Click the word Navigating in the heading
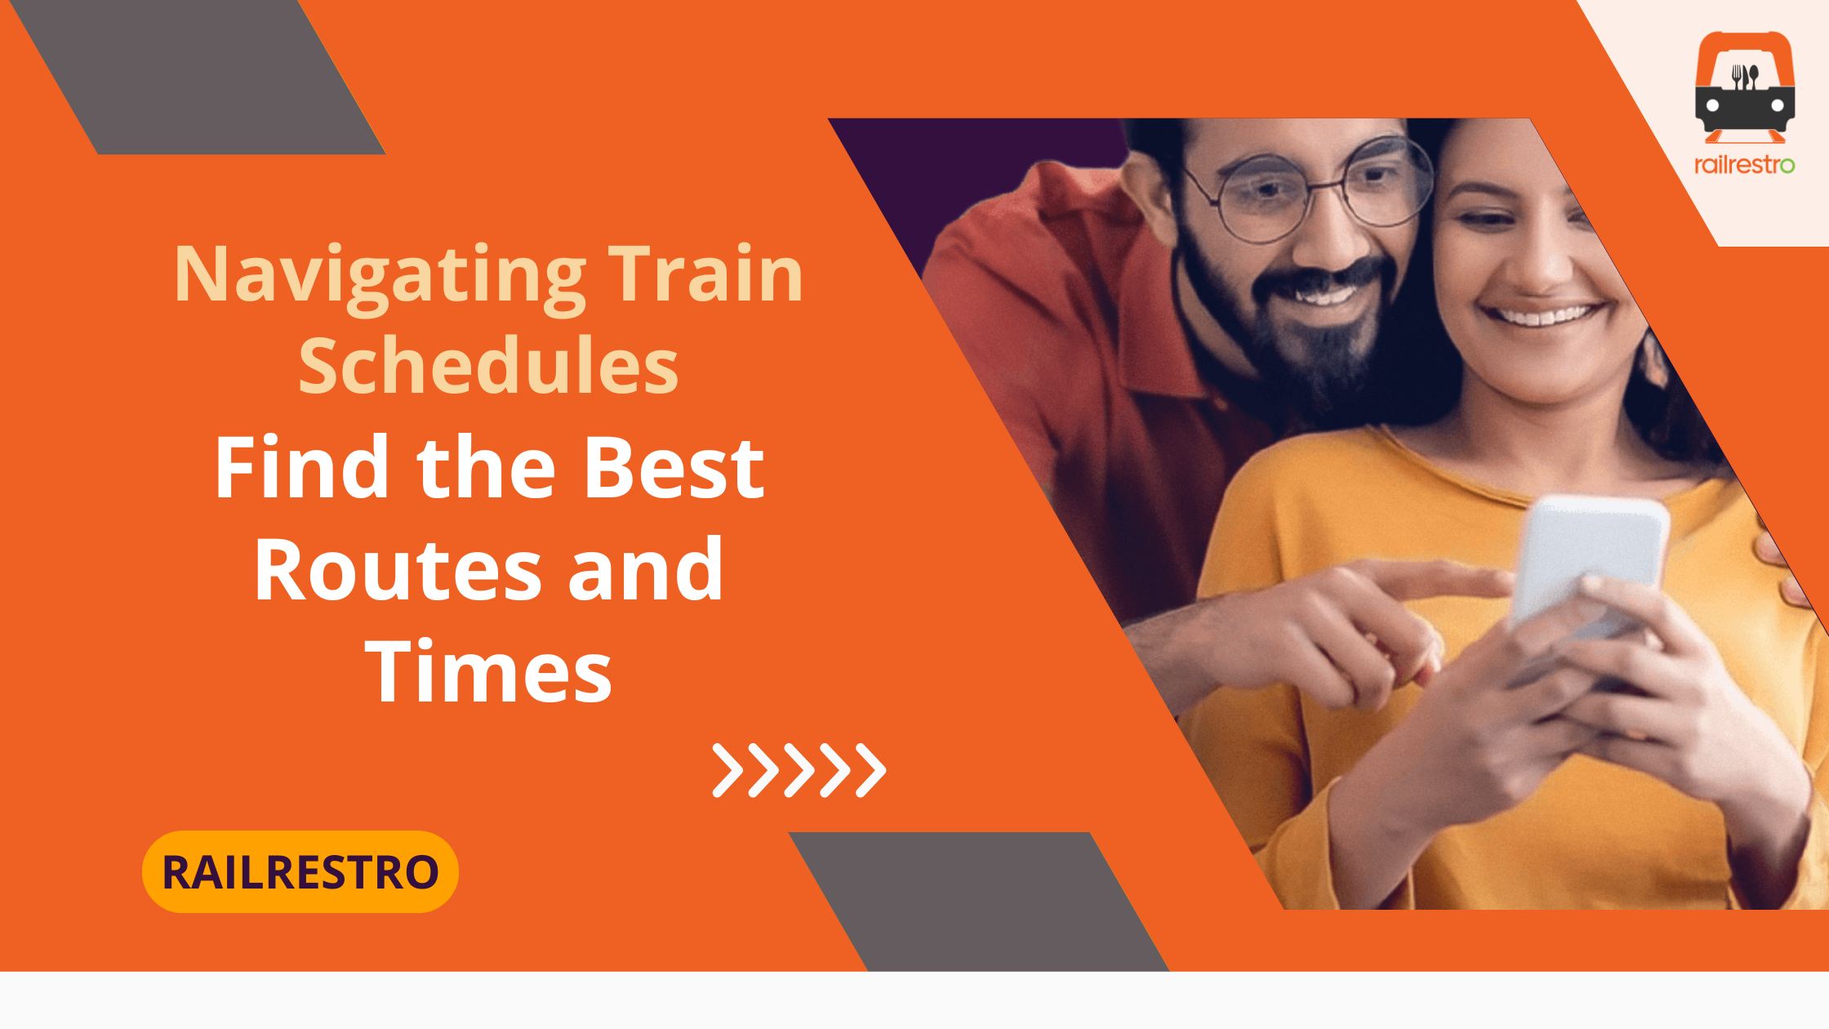[x=380, y=278]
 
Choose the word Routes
[x=398, y=569]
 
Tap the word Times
[x=488, y=670]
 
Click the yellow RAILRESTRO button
[x=300, y=871]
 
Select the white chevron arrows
[x=799, y=770]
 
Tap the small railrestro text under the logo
[x=1744, y=165]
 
